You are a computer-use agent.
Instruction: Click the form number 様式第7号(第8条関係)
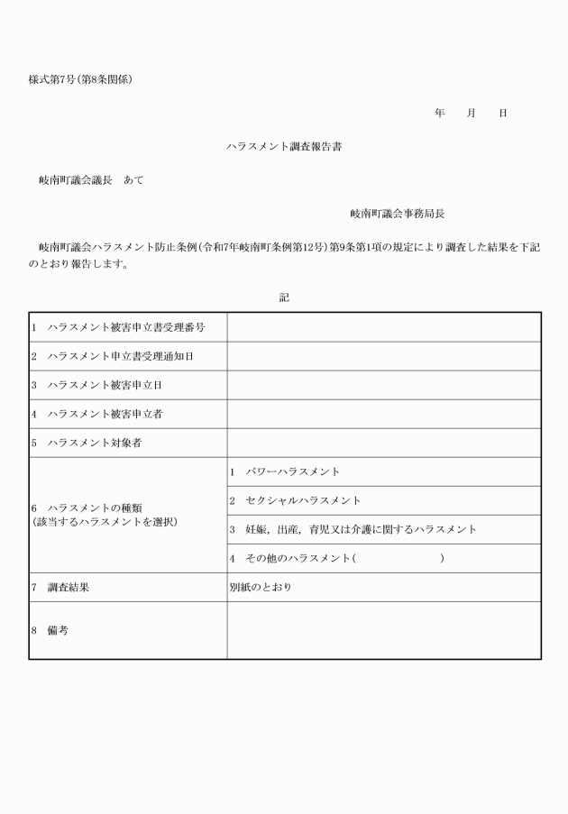tap(81, 80)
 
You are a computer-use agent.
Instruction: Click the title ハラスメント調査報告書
tap(284, 146)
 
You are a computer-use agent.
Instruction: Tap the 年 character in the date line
tap(439, 114)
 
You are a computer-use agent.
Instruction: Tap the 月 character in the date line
tap(471, 114)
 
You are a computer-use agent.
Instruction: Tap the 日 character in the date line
tap(502, 114)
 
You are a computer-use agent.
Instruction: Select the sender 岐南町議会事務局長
tap(398, 214)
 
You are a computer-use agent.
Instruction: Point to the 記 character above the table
tap(284, 297)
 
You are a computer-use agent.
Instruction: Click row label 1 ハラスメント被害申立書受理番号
tap(121, 327)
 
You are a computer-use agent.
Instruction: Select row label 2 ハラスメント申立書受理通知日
tap(121, 356)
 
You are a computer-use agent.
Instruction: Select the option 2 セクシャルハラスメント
tap(296, 500)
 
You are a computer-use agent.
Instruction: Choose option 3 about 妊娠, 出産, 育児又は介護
tap(353, 529)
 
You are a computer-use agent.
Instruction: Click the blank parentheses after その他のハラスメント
tap(399, 559)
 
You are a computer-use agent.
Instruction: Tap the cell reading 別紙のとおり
tap(261, 587)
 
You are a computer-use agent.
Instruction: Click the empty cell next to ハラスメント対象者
tap(384, 443)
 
